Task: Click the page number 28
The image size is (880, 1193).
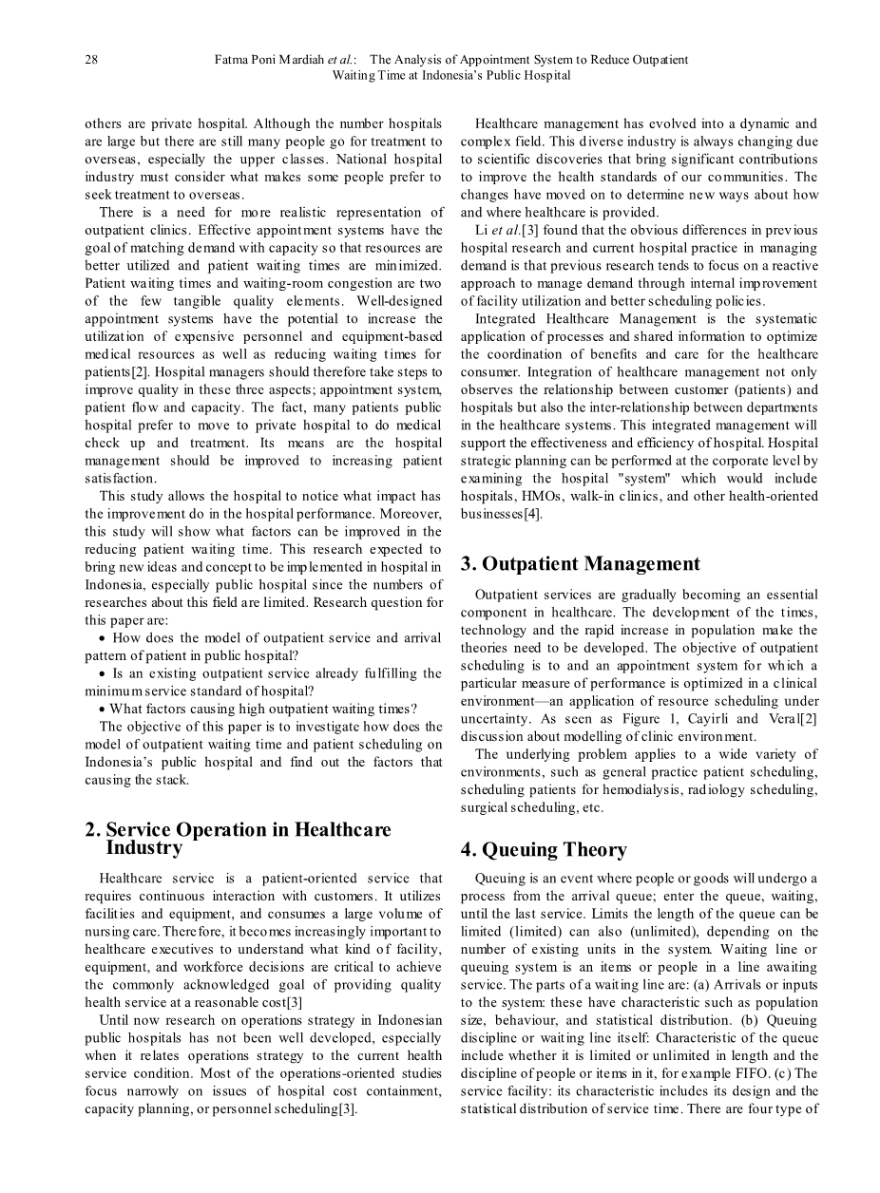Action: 91,60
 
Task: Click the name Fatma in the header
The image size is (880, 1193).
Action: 235,60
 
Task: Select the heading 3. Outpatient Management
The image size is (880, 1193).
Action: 580,564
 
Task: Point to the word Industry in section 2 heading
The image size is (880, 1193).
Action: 143,847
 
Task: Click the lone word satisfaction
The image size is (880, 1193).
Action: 121,478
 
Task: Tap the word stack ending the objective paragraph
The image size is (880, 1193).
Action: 171,780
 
